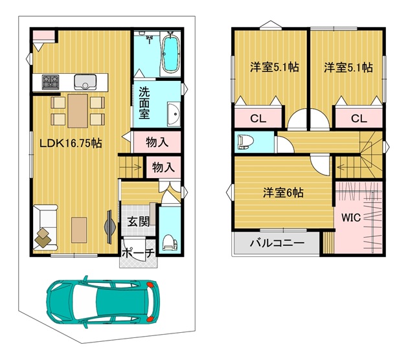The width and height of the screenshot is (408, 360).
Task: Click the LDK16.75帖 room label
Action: (71, 143)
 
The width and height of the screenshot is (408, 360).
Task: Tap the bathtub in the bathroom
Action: (171, 53)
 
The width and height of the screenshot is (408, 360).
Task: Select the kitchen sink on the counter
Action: (85, 82)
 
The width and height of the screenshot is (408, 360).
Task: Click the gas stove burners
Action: (51, 82)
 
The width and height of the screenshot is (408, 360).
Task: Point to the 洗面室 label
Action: (144, 103)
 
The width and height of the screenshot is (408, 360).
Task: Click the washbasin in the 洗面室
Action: (174, 114)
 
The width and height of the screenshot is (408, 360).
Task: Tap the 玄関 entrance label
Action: (139, 222)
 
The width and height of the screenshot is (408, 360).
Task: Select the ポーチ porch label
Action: (138, 253)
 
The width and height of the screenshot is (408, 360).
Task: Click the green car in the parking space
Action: (103, 302)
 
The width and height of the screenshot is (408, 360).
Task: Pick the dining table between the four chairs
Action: (78, 111)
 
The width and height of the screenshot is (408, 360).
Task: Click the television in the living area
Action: (109, 227)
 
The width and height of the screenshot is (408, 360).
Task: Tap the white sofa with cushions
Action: (45, 227)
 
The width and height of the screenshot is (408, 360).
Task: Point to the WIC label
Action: (351, 218)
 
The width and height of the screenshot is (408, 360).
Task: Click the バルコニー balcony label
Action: (277, 243)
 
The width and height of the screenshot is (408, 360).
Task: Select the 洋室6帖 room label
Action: (283, 193)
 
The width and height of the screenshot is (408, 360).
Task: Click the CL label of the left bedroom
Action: (258, 118)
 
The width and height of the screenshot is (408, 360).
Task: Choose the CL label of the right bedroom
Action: (359, 118)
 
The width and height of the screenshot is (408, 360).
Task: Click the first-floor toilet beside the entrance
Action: (170, 243)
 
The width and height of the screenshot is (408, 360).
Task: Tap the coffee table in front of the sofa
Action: (79, 231)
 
